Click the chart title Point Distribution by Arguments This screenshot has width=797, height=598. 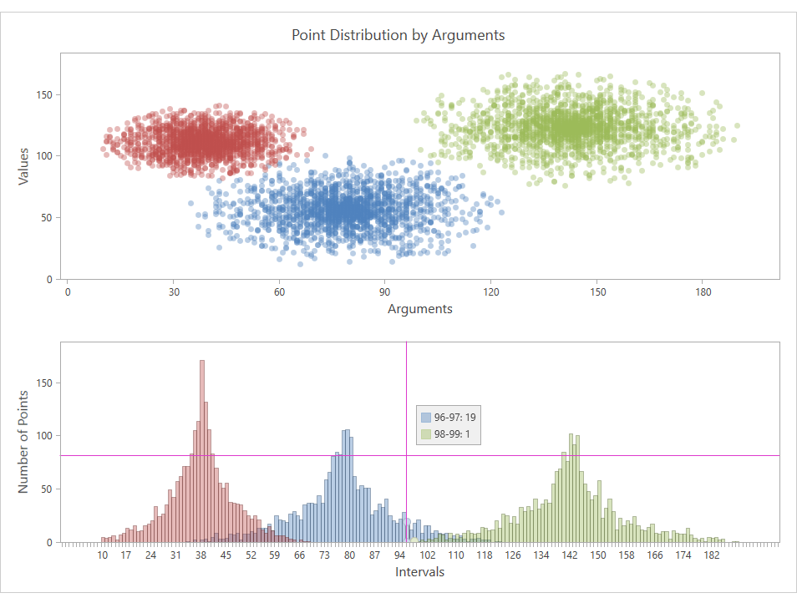point(398,35)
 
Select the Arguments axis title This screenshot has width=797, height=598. point(420,309)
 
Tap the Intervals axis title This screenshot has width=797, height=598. point(419,572)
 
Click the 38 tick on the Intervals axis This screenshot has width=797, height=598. point(201,555)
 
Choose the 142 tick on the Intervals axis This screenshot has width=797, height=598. point(571,555)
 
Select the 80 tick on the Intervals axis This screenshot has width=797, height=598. point(350,555)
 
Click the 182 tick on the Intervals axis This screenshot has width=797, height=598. point(712,555)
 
